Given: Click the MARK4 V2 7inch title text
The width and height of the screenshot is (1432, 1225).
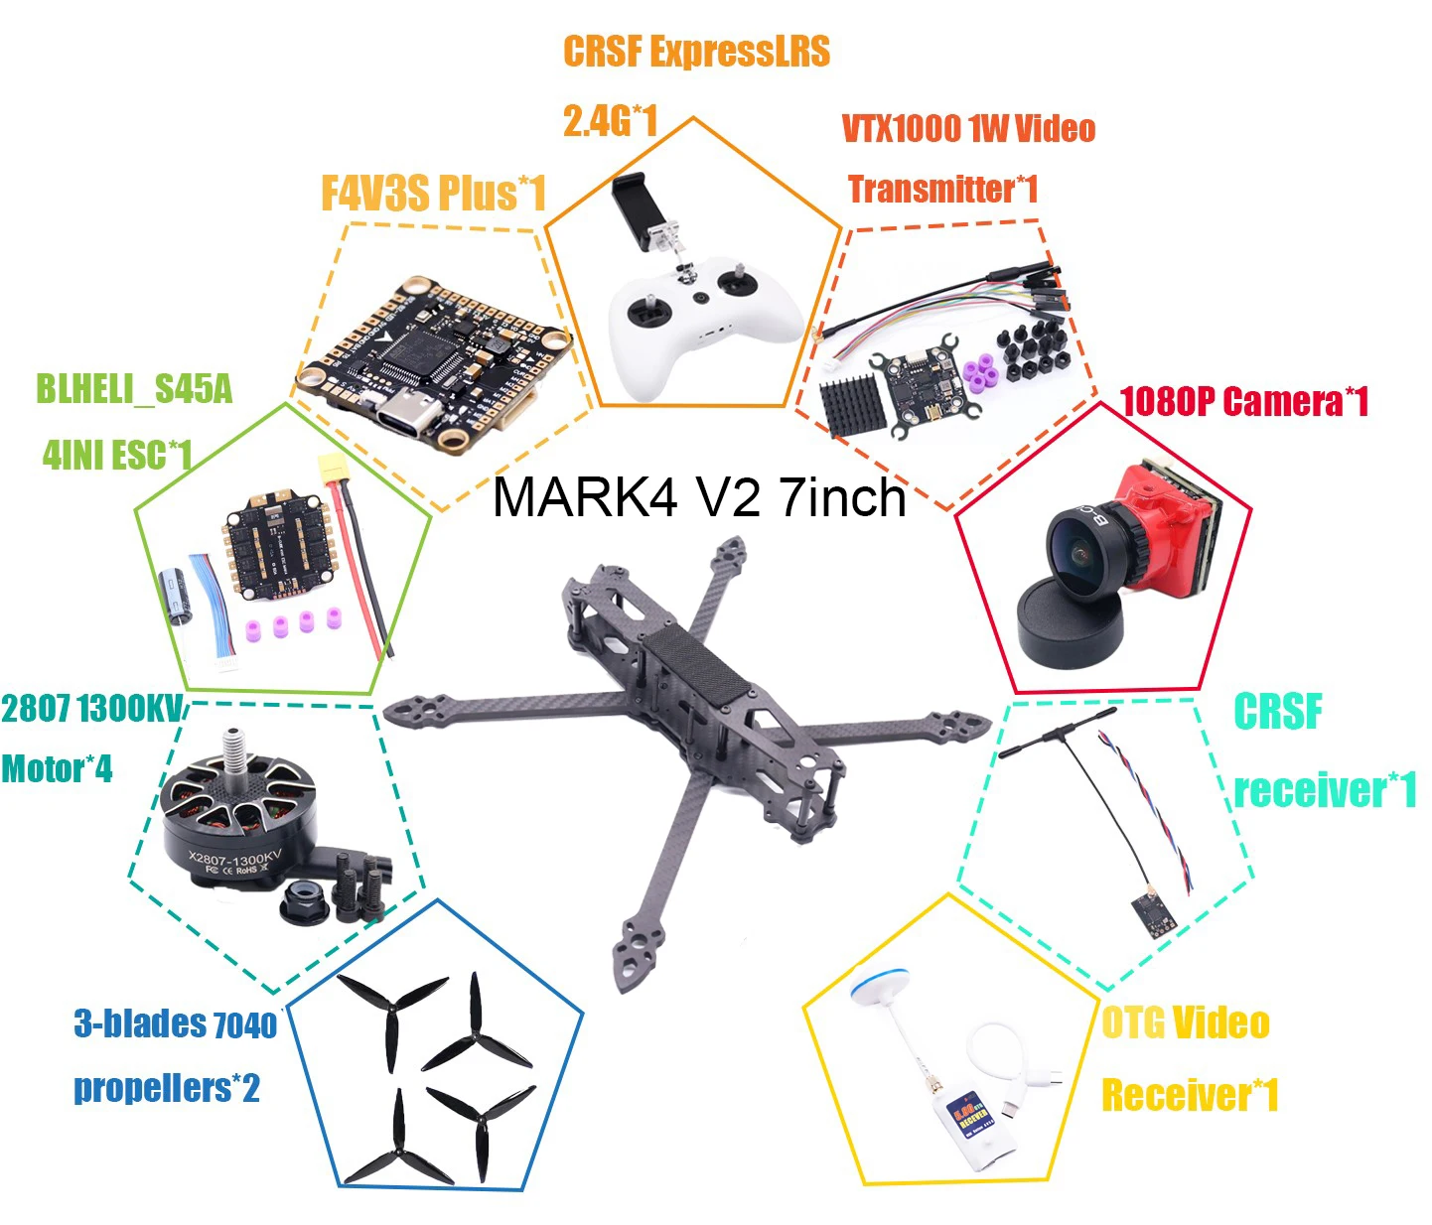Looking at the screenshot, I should click(699, 496).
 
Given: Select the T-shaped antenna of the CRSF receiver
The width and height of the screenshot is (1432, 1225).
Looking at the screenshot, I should click(1059, 733).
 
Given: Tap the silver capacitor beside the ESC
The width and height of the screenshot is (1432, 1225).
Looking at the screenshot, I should click(177, 596).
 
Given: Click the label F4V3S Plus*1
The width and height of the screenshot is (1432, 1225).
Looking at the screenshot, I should click(433, 193).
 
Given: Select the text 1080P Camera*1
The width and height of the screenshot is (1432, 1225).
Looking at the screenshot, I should click(1243, 402).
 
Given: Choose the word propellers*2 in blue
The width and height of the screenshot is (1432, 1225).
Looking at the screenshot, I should click(167, 1088).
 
